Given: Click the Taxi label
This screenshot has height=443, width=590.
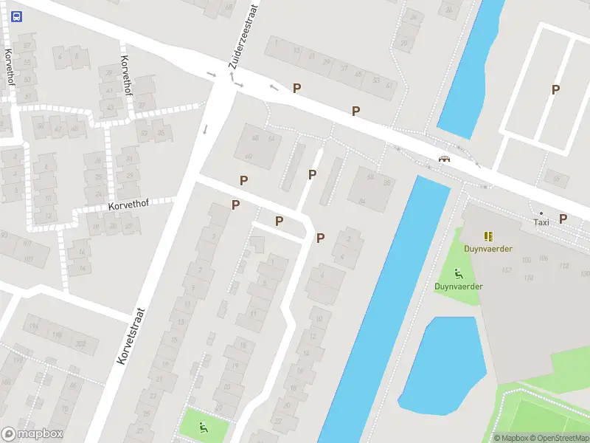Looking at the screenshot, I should (x=541, y=221).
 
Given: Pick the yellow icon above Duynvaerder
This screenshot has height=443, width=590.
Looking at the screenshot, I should (x=487, y=236).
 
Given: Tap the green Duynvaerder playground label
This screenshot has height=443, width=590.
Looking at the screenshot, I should (x=458, y=286).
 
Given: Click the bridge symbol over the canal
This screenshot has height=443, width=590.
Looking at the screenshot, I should (x=444, y=159).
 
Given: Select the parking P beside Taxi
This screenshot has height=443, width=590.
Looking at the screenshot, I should (x=563, y=218).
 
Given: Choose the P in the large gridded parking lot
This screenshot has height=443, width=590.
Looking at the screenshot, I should (x=556, y=89).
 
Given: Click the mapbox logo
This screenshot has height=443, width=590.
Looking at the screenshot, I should (x=32, y=434).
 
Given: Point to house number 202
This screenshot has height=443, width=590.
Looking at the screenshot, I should (x=80, y=342).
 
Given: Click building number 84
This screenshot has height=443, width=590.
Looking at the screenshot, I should (x=362, y=201).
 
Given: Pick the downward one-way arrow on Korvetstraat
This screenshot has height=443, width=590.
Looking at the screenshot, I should (x=205, y=130).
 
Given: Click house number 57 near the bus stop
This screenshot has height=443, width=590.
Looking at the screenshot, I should (x=29, y=45).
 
